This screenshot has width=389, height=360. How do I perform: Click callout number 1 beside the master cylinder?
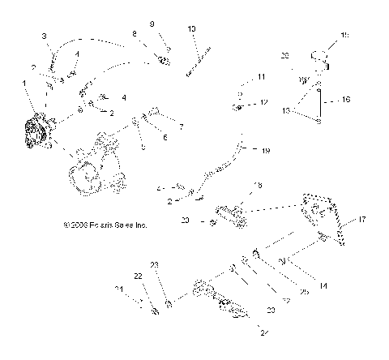coord(24,83)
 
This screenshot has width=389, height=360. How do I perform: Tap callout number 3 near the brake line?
coord(45,36)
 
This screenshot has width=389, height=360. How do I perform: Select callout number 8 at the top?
coord(135,33)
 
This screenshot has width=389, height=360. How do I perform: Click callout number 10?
coord(191,29)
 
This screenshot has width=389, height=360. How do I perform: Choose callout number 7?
coord(181,126)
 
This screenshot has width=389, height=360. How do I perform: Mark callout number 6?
coord(166,139)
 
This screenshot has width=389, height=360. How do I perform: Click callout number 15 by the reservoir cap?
coord(344,35)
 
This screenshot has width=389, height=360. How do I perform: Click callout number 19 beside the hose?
coord(265,151)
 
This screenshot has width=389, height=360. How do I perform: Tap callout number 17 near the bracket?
coord(362,219)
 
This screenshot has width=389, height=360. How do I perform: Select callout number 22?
coord(138,276)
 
